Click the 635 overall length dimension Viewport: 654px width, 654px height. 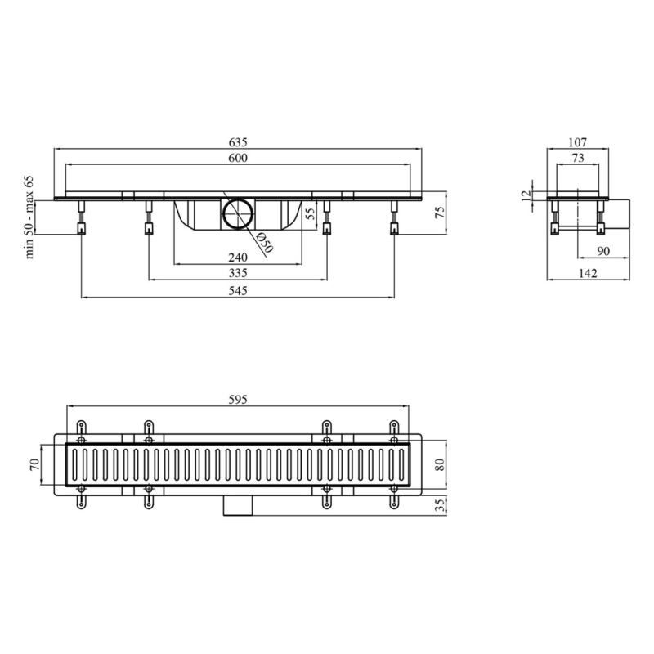(x=238, y=142)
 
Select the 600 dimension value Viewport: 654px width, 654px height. (x=238, y=158)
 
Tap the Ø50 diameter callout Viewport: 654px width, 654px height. (x=264, y=242)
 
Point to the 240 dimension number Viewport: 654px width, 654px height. (x=238, y=258)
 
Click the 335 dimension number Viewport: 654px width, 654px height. (x=238, y=273)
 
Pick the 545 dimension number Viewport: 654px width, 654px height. (x=238, y=291)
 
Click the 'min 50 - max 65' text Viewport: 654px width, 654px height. (x=29, y=217)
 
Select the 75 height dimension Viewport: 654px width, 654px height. (x=440, y=213)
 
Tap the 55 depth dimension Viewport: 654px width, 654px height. (x=310, y=214)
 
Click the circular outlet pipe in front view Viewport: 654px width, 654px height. (x=238, y=213)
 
